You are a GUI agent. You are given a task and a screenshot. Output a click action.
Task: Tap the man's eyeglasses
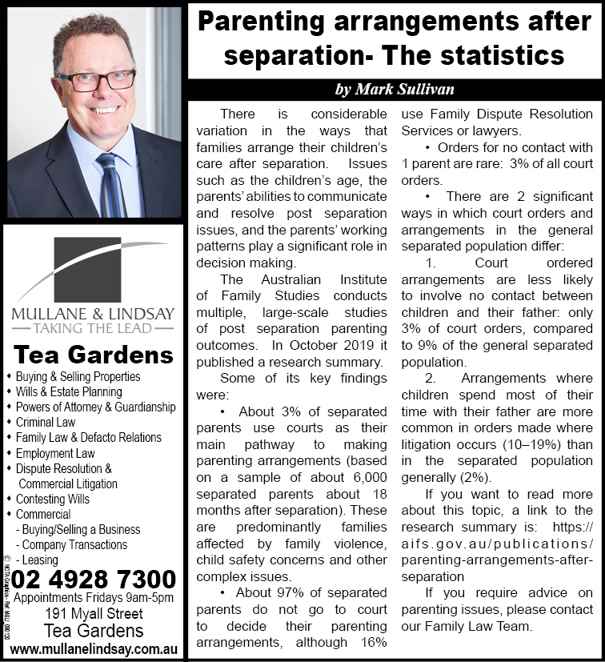[x=96, y=79]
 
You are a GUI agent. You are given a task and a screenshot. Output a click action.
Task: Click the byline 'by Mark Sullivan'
[x=395, y=88]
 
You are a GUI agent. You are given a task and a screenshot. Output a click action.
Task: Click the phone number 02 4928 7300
[x=94, y=579]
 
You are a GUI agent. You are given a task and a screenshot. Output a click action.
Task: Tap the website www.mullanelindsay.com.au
[x=94, y=647]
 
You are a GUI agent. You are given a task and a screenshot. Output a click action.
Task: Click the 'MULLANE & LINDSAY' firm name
[x=93, y=312]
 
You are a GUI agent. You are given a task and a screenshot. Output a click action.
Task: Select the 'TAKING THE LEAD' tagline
[x=93, y=328]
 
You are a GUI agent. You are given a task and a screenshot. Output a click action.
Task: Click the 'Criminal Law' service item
[x=50, y=423]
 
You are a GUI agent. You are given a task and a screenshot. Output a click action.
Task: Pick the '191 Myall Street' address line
[x=94, y=614]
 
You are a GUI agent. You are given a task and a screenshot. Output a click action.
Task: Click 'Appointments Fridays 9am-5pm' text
[x=94, y=598]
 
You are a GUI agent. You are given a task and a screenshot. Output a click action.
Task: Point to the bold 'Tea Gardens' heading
[x=94, y=355]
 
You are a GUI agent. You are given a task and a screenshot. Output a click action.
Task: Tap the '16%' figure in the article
[x=374, y=642]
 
